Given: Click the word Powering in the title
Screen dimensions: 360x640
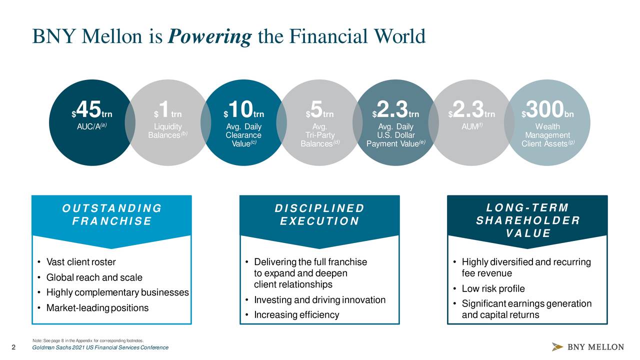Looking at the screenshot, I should coord(210,36).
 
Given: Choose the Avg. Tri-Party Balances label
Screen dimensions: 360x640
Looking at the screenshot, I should coord(320,135).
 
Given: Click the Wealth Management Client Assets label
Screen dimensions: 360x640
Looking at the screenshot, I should coord(547,135).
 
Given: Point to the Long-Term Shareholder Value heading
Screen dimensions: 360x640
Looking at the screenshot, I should coord(527,220).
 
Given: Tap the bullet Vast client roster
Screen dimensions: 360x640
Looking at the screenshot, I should coord(80,262).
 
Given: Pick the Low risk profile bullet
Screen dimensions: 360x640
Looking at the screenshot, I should coord(493,289).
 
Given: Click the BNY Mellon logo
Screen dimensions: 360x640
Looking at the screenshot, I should coord(588,347).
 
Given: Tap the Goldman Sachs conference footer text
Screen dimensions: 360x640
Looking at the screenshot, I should coord(100,347).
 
